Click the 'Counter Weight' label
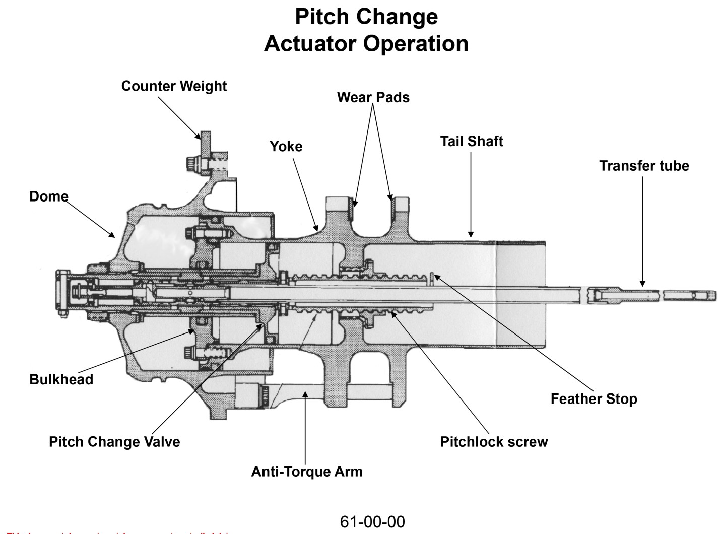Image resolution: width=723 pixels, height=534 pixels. coord(174,86)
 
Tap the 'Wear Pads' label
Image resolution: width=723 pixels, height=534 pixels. coord(373,97)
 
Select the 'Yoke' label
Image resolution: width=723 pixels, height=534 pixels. coord(286,147)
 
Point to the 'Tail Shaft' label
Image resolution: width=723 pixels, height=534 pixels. coord(471,141)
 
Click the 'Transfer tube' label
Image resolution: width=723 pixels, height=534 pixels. coord(644,166)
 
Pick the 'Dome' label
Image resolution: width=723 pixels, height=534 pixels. coord(48,196)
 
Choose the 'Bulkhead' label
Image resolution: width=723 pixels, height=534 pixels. coord(61,379)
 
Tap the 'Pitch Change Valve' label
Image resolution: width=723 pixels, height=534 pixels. coord(114,442)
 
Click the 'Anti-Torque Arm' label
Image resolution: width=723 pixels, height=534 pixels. coord(306,472)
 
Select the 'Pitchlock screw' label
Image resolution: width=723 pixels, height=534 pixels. coord(494,442)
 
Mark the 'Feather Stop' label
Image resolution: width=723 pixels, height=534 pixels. coord(594,399)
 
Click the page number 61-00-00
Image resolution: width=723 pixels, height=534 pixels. coord(372,522)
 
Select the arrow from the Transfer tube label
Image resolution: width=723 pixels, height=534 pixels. coord(642,232)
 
